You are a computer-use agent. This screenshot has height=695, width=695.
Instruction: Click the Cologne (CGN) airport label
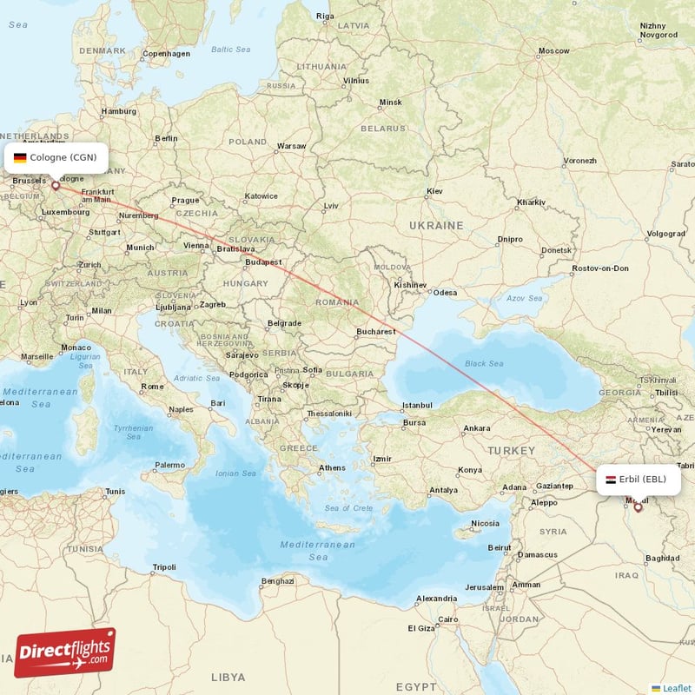[56, 158]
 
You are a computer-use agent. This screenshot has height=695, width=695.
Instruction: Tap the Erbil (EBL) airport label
[639, 479]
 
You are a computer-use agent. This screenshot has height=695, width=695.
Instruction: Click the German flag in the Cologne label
[20, 158]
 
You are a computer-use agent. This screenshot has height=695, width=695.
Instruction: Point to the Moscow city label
[553, 51]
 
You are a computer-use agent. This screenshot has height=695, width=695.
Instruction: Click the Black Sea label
[484, 363]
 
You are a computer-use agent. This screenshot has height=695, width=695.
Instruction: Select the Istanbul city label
[416, 405]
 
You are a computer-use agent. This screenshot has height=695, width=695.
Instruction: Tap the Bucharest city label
[375, 332]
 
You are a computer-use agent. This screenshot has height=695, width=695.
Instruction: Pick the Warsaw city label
[291, 146]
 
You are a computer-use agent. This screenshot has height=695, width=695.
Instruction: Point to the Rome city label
[152, 387]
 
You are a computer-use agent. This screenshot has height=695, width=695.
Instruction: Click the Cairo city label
[447, 619]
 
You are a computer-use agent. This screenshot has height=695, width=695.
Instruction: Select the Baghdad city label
[663, 557]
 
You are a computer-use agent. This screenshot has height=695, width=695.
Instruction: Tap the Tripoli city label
[163, 567]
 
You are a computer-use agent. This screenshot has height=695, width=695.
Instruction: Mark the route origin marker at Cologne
[56, 185]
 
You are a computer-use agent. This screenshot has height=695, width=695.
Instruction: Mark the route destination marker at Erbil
[638, 506]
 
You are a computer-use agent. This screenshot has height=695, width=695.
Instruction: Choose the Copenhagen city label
[166, 53]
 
